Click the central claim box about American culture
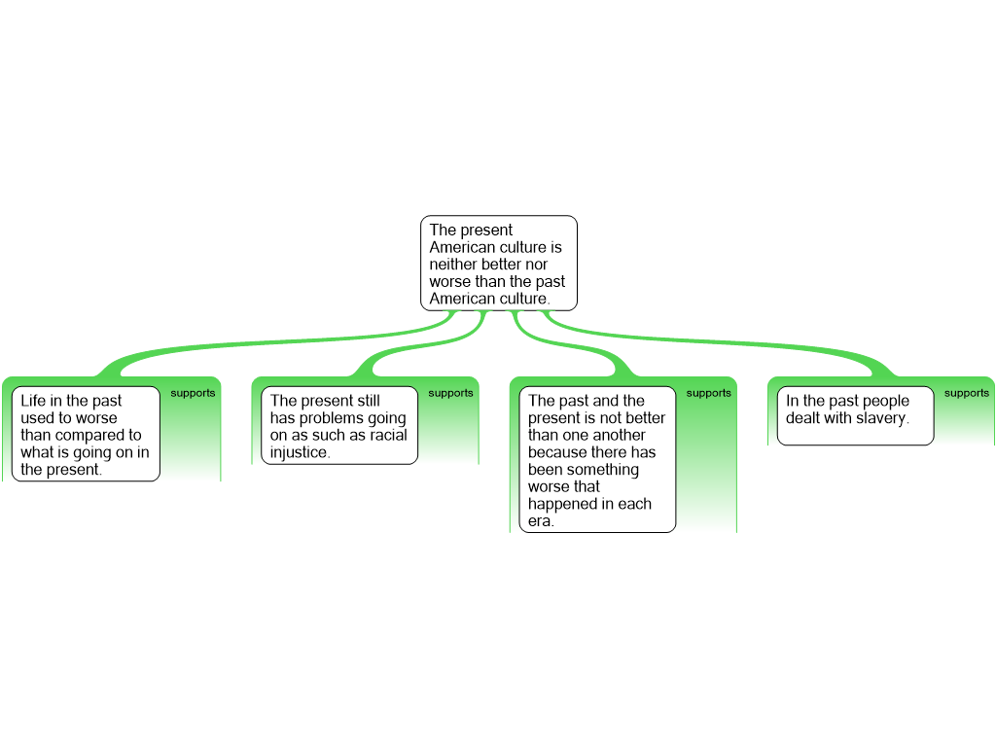pyautogui.click(x=498, y=264)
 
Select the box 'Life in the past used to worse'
pyautogui.click(x=86, y=434)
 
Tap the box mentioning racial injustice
pyautogui.click(x=338, y=426)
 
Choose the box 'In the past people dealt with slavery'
pyautogui.click(x=855, y=415)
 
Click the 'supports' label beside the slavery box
pyautogui.click(x=966, y=394)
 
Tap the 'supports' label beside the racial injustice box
pyautogui.click(x=450, y=394)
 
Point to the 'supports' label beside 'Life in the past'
pyautogui.click(x=193, y=394)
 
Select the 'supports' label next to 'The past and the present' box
pyautogui.click(x=708, y=394)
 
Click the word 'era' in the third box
pyautogui.click(x=540, y=521)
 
